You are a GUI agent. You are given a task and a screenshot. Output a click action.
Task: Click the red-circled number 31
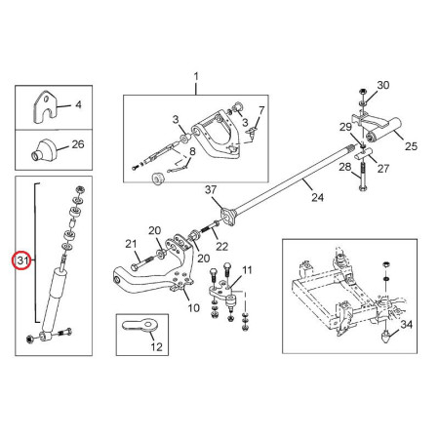[22, 260]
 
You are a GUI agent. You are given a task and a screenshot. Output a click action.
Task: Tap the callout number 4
[78, 104]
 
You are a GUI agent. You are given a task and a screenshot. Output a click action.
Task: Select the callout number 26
[78, 144]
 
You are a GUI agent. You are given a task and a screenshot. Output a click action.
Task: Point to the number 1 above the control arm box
[196, 77]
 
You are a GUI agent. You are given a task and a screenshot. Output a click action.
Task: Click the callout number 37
[211, 190]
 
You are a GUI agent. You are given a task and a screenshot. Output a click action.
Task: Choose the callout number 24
[317, 197]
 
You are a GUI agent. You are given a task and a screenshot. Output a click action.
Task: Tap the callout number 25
[411, 146]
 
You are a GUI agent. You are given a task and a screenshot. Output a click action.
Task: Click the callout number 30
[383, 85]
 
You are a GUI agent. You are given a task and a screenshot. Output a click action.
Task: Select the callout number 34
[406, 324]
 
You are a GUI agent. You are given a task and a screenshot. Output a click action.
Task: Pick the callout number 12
[156, 347]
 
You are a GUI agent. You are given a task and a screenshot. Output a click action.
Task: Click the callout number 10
[194, 308]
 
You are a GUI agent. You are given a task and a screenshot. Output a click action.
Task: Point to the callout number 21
[131, 244]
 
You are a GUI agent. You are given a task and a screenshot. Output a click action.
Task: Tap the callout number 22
[221, 247]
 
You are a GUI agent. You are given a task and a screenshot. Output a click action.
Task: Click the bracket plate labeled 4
[45, 107]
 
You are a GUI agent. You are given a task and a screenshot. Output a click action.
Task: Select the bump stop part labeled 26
[44, 149]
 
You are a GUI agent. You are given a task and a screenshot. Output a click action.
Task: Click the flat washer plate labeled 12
[140, 325]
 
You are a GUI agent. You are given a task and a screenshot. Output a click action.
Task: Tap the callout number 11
[247, 270]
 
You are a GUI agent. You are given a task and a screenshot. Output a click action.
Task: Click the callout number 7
[261, 110]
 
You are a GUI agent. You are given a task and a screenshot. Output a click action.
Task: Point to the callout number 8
[192, 151]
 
